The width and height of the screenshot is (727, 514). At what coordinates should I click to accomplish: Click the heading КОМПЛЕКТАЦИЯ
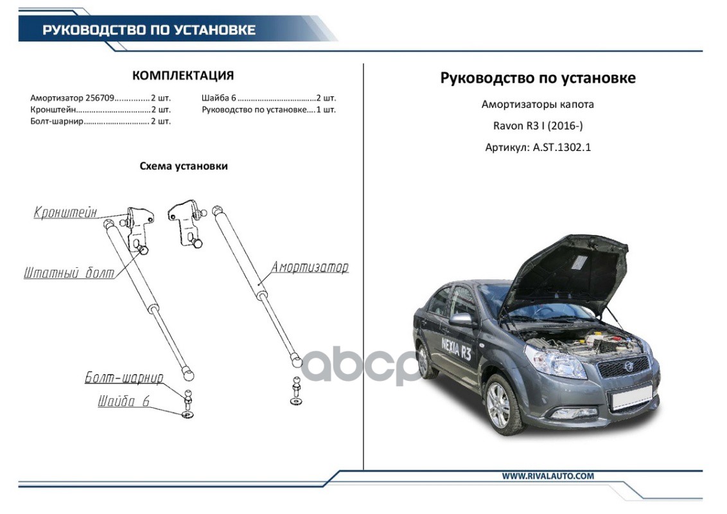tap(183, 76)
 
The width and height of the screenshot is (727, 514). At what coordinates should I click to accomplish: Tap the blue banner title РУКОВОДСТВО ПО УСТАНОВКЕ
tap(149, 30)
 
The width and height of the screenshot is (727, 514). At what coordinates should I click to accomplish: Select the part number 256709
tap(100, 98)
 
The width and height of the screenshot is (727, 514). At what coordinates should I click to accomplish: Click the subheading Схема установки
tap(184, 166)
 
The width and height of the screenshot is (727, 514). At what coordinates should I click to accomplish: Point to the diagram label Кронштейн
tap(66, 213)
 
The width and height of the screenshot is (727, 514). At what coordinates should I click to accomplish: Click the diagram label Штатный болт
tap(69, 273)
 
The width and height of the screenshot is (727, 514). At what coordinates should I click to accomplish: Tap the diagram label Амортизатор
tap(310, 267)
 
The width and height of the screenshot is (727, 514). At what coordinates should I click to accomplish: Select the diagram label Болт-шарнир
tap(124, 378)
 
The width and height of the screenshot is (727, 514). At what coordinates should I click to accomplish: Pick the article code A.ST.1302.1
tap(561, 147)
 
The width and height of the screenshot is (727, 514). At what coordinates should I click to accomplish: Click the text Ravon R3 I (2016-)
tap(538, 125)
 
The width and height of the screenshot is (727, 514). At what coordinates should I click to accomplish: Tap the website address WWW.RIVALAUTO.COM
tap(548, 476)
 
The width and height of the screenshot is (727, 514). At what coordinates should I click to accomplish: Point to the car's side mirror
tap(461, 319)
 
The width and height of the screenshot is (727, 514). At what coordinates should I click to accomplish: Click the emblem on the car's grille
tap(624, 366)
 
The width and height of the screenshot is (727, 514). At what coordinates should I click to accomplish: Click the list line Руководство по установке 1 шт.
tap(268, 109)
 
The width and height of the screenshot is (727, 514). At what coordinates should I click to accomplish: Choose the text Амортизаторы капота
tap(538, 104)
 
